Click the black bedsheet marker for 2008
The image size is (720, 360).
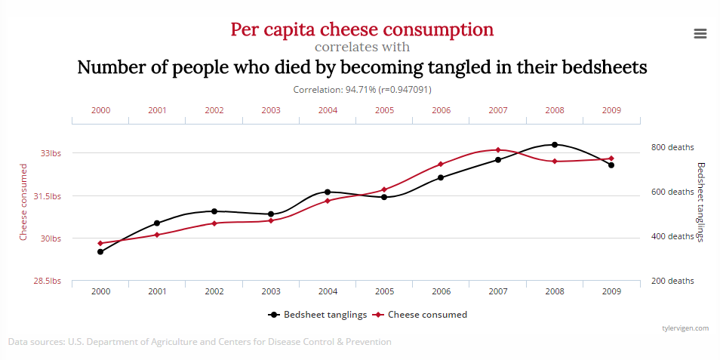pos(555,144)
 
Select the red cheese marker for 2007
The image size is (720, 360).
pos(498,150)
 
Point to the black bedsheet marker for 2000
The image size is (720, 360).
pos(100,251)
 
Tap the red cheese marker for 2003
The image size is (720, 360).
pos(271,220)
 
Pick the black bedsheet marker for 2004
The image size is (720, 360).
pos(328,192)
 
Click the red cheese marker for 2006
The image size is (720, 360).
pos(442,164)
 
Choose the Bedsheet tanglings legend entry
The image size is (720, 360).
pos(318,315)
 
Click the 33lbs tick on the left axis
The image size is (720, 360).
pos(51,153)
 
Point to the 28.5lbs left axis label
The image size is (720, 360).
pos(48,281)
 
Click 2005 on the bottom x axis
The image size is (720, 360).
pos(384,291)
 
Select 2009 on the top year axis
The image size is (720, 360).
pos(611,110)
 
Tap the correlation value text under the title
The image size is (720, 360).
pos(362,89)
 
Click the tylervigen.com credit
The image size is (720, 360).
pos(685,328)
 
